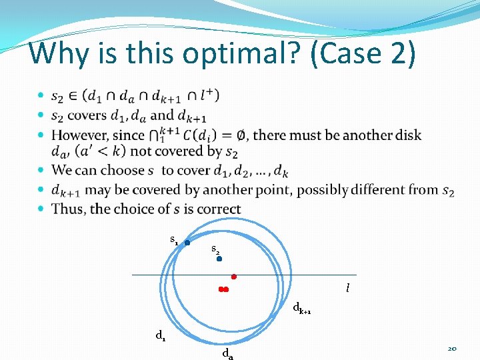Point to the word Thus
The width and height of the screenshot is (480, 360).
point(69,209)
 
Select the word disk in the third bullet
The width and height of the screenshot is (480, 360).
point(407,135)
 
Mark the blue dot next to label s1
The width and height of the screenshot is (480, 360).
point(187,243)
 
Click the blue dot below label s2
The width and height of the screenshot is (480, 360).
point(219,259)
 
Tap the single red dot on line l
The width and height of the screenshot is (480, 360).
point(234,276)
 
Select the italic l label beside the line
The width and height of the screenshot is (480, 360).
point(347,289)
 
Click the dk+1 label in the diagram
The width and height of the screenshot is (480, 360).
point(302,309)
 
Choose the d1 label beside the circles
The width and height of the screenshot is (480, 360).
point(161,336)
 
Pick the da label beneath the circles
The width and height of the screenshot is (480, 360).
point(227,353)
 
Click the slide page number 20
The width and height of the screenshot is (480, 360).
point(452,349)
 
